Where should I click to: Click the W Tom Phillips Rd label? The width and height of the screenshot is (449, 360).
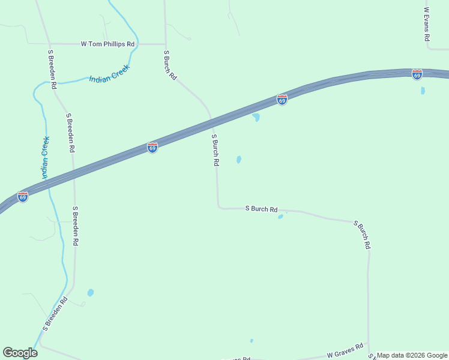pos(108,44)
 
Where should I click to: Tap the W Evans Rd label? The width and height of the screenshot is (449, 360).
pos(427,24)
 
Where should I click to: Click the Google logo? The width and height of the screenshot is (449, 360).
pos(20,353)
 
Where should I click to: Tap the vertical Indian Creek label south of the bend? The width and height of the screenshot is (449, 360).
pos(44,157)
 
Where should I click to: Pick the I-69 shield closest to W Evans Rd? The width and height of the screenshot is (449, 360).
pos(417,74)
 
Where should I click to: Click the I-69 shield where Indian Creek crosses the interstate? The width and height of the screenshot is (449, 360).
pos(23,196)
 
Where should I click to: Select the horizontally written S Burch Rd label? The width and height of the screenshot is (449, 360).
pos(262,209)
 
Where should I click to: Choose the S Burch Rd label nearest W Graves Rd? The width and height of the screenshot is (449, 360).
pos(363,235)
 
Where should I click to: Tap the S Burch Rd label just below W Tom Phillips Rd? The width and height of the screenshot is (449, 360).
pos(170,65)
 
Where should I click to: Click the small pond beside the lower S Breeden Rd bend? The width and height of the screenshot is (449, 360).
pos(91,293)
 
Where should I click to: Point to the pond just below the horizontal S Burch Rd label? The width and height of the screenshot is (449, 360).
pos(280,217)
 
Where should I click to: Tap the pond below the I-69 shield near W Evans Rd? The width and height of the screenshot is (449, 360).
pos(423,91)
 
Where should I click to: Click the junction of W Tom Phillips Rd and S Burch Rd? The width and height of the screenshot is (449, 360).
pos(165,44)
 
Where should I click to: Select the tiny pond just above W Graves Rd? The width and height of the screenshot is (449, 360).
pos(252,341)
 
